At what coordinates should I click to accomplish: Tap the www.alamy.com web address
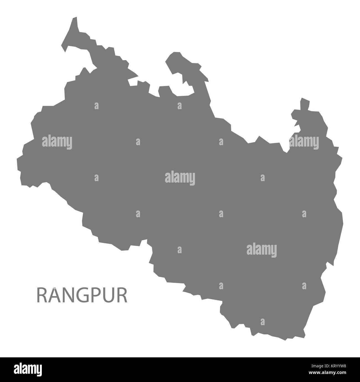[329, 374]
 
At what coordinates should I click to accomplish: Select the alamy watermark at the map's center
[180, 178]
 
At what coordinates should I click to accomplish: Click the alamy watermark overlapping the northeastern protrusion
[304, 142]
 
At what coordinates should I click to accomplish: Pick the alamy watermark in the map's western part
[57, 142]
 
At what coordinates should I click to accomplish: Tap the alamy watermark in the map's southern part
[261, 249]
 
